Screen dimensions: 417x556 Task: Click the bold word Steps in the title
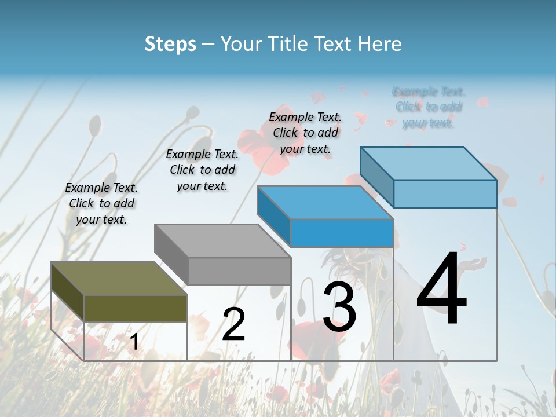(x=170, y=44)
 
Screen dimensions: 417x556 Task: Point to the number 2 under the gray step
(x=233, y=324)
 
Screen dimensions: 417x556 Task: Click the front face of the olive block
(x=136, y=308)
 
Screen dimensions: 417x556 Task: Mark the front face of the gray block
(x=239, y=271)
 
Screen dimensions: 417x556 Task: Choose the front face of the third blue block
(x=342, y=233)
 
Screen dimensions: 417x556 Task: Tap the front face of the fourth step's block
(x=445, y=193)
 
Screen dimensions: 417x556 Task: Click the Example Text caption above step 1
(x=101, y=203)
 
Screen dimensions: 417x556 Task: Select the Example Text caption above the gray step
(x=202, y=170)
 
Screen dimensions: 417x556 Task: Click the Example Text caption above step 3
(x=305, y=133)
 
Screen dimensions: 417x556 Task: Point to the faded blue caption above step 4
(x=429, y=107)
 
